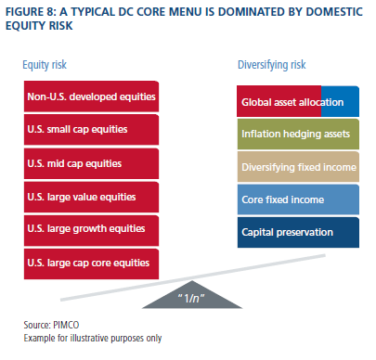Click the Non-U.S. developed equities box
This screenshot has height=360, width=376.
pyautogui.click(x=91, y=96)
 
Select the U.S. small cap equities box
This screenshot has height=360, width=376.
pyautogui.click(x=91, y=130)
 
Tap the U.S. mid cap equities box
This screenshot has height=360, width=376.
pyautogui.click(x=91, y=163)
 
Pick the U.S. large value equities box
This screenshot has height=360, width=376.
pyautogui.click(x=91, y=197)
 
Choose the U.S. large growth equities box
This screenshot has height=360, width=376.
pyautogui.click(x=91, y=231)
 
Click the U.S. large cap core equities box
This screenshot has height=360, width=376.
pyautogui.click(x=91, y=264)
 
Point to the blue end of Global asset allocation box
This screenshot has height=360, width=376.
pyautogui.click(x=341, y=101)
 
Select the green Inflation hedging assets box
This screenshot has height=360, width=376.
pyautogui.click(x=298, y=135)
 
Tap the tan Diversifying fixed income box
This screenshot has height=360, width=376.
pyautogui.click(x=298, y=167)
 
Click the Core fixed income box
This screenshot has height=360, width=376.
pyautogui.click(x=298, y=199)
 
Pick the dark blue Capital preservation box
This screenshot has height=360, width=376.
pyautogui.click(x=298, y=233)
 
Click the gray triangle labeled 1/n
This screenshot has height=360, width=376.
pyautogui.click(x=192, y=298)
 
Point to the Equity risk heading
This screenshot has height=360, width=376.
pyautogui.click(x=45, y=65)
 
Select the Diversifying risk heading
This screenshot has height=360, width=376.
pyautogui.click(x=272, y=65)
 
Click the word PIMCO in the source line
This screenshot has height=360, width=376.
pyautogui.click(x=66, y=325)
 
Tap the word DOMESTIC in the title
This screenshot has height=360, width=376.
pyautogui.click(x=334, y=12)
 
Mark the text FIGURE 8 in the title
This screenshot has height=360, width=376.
pyautogui.click(x=30, y=12)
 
